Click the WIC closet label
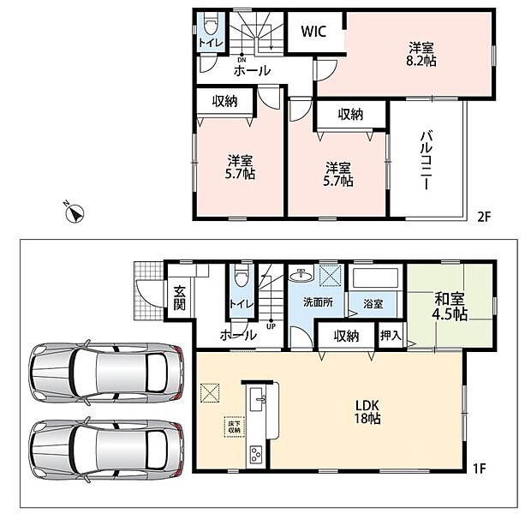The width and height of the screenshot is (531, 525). [x=313, y=32]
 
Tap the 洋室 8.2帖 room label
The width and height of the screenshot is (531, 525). [x=421, y=54]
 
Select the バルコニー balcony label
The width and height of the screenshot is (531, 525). [x=427, y=160]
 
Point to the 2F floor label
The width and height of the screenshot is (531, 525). [x=484, y=217]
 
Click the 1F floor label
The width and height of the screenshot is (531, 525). [x=480, y=468]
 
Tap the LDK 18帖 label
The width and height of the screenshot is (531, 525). [x=367, y=412]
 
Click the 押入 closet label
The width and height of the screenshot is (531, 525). [x=391, y=336]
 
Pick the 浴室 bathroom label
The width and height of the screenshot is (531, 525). [x=373, y=304]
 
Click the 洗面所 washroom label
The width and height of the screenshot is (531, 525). [x=318, y=302]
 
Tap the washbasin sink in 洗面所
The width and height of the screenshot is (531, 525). [x=301, y=276]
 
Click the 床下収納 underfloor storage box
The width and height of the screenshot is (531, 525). [x=234, y=427]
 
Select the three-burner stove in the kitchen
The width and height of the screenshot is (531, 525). [x=256, y=455]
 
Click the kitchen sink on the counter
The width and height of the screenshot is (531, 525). [x=258, y=400]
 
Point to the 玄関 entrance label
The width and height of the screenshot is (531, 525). [x=180, y=298]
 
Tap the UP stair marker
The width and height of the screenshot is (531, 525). [x=271, y=326]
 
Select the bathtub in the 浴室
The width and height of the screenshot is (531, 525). [x=375, y=278]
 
